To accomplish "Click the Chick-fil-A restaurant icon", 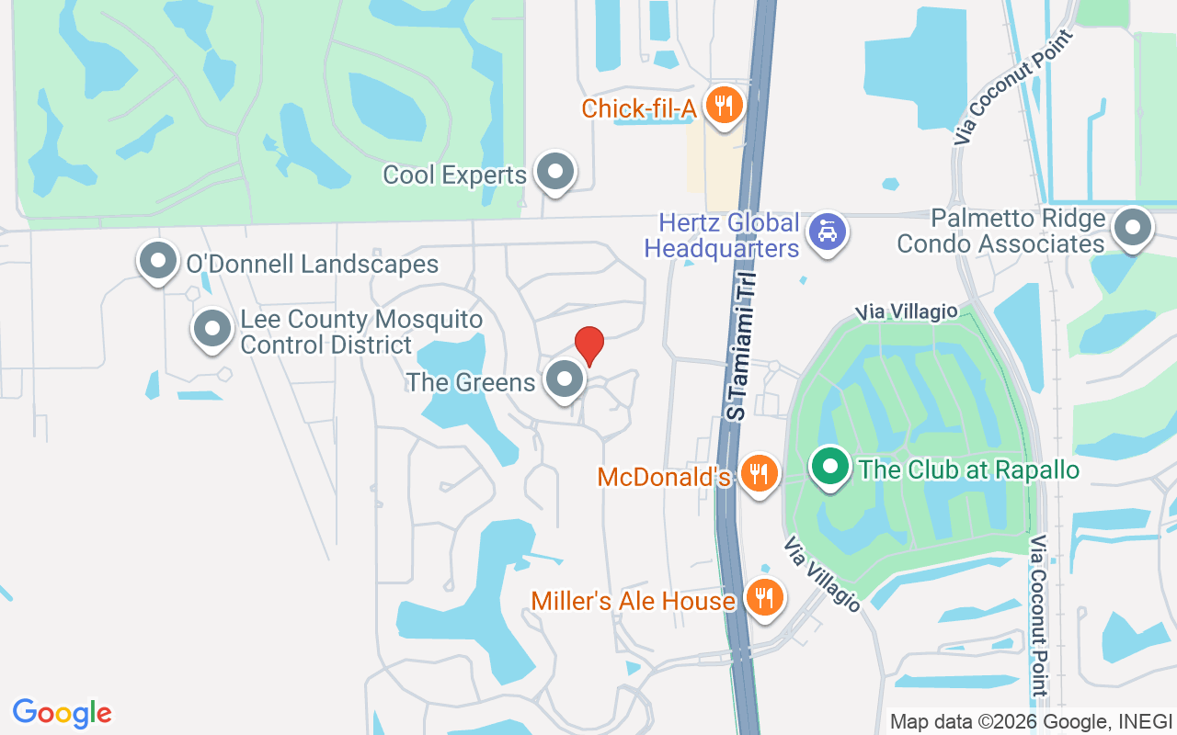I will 726,106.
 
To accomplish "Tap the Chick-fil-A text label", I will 639,109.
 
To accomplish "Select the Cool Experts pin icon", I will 554,172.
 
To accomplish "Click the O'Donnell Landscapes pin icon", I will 158,261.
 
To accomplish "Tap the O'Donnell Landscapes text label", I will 312,265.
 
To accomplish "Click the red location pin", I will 589,346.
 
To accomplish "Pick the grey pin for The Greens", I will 564,379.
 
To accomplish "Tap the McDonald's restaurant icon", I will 759,473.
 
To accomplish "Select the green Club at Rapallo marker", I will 830,466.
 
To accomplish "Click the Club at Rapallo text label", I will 968,470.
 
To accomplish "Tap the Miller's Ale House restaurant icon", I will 762,597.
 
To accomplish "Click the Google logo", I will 63,713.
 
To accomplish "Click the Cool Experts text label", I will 454,175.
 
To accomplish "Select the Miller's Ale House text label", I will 634,601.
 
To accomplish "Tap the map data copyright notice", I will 1031,721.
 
